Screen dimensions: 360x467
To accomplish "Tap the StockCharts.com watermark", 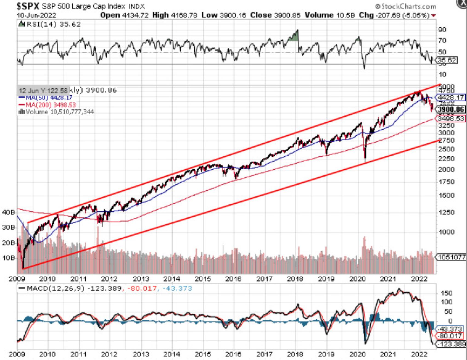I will pos(406,6).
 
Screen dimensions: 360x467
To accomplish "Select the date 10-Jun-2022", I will pos(36,15).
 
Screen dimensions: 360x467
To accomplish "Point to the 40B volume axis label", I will pos(8,212).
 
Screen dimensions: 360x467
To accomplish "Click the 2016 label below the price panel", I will pos(233,279).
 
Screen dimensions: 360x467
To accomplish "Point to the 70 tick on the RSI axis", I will pos(442,41).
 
